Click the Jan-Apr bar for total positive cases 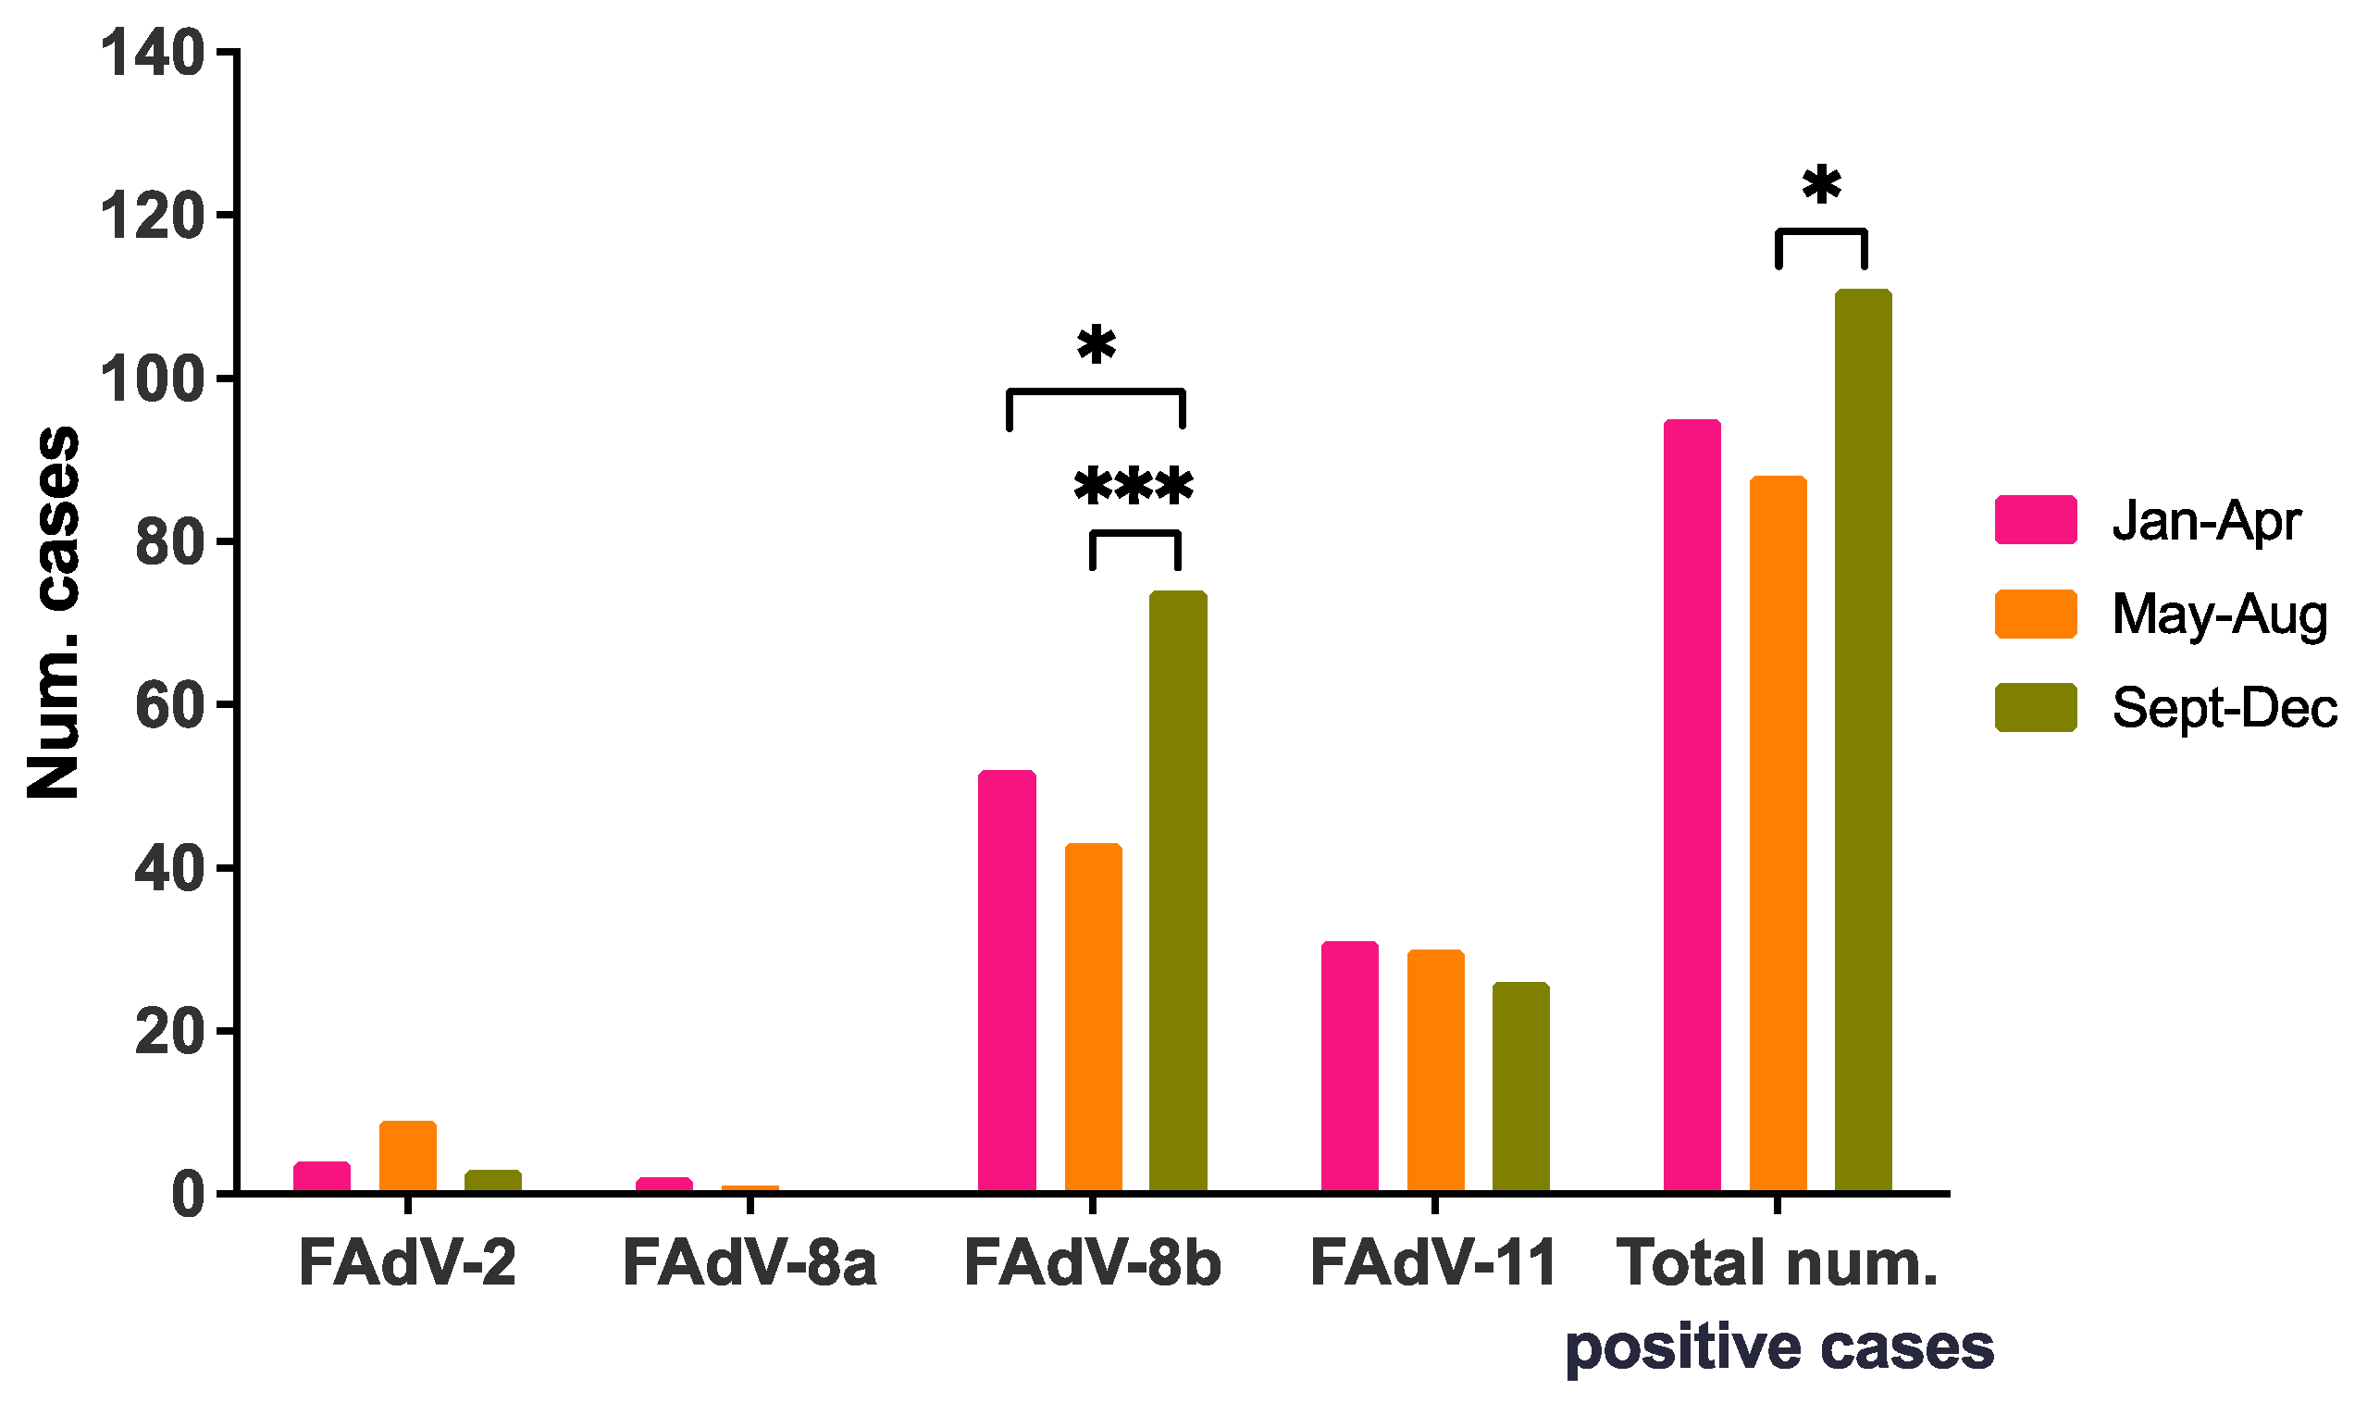(x=1692, y=805)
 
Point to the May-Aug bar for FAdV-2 (x=407, y=1155)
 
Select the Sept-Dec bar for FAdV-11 (x=1521, y=1087)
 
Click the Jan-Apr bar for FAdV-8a (x=663, y=1184)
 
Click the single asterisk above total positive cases (x=1821, y=186)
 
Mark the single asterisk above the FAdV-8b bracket (x=1096, y=346)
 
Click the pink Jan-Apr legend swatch (x=2035, y=520)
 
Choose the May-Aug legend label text (x=2219, y=615)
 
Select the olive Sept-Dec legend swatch (x=2035, y=707)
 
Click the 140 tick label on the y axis (x=151, y=53)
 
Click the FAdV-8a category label (x=750, y=1264)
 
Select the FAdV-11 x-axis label (x=1433, y=1264)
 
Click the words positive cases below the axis (x=1778, y=1348)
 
